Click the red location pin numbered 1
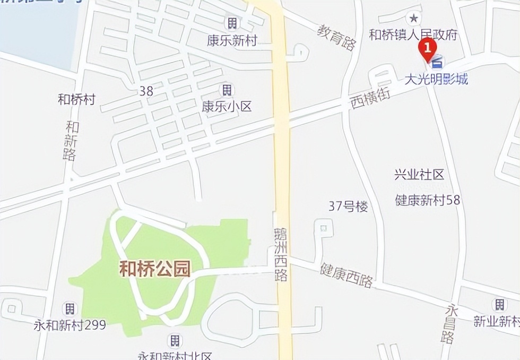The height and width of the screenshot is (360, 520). (x=427, y=49)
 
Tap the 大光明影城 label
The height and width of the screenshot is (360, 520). (x=436, y=80)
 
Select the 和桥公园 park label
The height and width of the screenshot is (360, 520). (x=154, y=269)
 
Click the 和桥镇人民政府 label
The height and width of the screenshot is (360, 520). (x=413, y=35)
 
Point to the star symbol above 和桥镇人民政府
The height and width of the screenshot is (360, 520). (x=413, y=17)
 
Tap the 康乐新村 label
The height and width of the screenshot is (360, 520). (x=232, y=40)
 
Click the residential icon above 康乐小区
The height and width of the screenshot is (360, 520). (x=227, y=89)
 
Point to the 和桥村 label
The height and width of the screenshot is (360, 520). (x=76, y=99)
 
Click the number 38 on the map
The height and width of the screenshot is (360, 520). (x=146, y=91)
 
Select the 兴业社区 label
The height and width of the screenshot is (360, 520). (x=419, y=175)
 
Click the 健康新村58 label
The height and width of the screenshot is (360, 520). (x=428, y=200)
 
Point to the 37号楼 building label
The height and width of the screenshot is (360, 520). (x=348, y=207)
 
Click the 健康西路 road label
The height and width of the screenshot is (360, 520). (x=346, y=275)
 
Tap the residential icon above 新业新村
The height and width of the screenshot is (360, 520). (x=499, y=304)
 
